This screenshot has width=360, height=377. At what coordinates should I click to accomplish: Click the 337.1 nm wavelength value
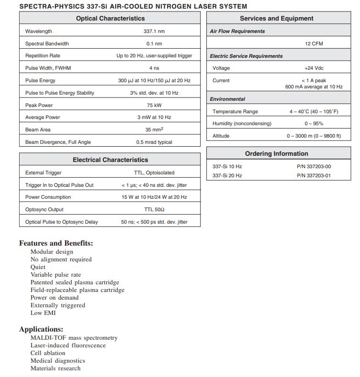(x=154, y=31)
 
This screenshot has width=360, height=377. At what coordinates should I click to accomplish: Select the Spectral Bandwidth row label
(x=47, y=43)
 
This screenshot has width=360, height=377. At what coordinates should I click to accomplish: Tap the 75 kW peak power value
(x=154, y=105)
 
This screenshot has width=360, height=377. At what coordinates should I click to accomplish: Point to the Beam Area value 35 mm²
(x=154, y=129)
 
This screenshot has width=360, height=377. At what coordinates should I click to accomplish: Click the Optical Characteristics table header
(x=110, y=18)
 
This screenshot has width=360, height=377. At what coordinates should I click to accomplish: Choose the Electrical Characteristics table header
(x=110, y=160)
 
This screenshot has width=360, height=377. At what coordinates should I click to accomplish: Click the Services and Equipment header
(x=276, y=18)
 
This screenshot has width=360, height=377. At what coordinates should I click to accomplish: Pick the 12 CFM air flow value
(x=314, y=43)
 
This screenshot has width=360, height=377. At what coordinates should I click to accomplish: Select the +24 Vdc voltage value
(x=314, y=68)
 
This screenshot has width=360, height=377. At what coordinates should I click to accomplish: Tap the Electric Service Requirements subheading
(x=246, y=56)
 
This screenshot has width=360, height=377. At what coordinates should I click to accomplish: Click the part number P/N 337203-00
(x=314, y=166)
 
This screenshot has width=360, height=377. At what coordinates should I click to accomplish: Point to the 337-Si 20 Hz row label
(x=227, y=175)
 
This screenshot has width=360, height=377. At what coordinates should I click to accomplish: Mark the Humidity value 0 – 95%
(x=314, y=124)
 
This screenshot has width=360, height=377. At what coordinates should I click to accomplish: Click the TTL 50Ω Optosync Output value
(x=154, y=209)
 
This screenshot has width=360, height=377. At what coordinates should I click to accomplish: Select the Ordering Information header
(x=276, y=153)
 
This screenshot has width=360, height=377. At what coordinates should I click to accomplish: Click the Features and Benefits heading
(x=56, y=243)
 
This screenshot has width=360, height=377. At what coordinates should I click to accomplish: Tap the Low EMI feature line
(x=43, y=313)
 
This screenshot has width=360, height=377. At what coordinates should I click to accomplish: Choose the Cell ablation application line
(x=48, y=353)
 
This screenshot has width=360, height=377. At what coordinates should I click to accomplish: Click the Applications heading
(x=41, y=329)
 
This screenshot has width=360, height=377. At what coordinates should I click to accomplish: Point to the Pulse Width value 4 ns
(x=154, y=68)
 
